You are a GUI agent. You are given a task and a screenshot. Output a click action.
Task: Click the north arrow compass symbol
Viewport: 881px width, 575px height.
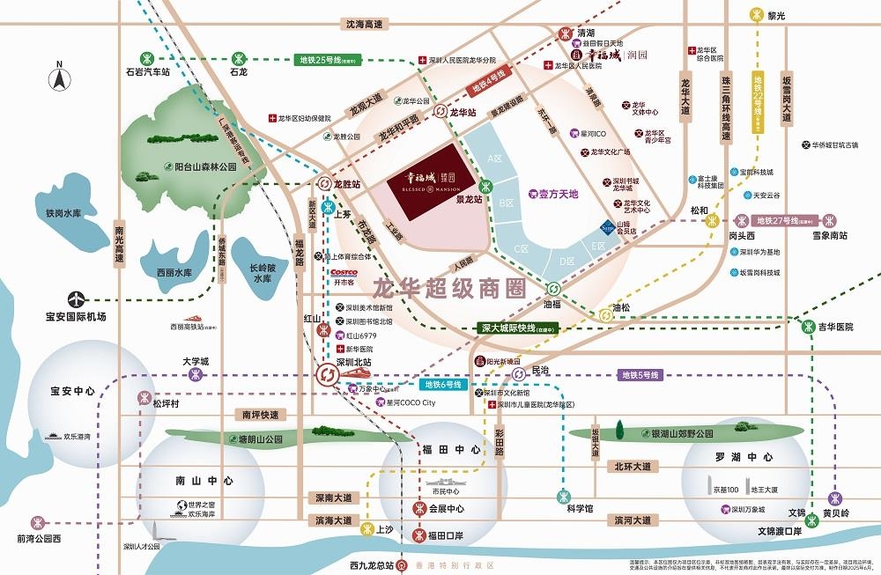coord(59,77)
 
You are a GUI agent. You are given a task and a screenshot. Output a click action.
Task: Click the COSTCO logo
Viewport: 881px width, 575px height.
coord(343,272)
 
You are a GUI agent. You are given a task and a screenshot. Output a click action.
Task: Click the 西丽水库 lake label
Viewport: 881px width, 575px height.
coord(174,273)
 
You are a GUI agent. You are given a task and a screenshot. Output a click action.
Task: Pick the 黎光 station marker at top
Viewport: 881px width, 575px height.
coord(756,15)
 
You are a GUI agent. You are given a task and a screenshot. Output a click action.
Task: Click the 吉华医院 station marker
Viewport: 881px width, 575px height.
coord(810,327)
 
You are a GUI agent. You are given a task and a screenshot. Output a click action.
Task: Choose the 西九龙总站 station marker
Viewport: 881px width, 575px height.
coord(402,564)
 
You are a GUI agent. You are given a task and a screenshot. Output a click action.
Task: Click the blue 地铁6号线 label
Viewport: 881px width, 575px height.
coord(442,385)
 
